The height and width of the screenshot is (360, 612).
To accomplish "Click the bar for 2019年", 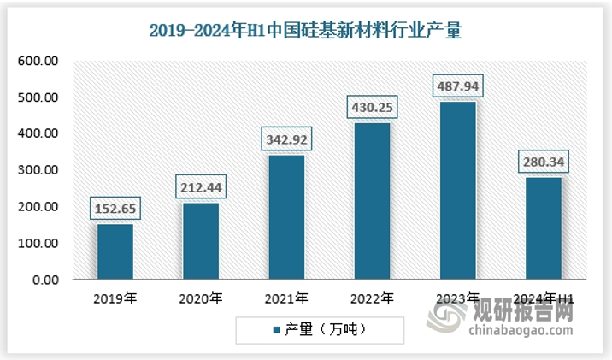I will coord(115,251).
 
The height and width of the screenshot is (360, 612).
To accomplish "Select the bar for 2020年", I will coord(201,240).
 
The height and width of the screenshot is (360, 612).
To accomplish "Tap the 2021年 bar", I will coord(286,216).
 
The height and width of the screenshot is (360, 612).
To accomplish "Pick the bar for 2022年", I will coord(372,201).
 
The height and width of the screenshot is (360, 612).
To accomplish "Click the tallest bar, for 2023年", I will coord(457,190).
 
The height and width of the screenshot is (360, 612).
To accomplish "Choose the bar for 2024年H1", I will coord(543,227).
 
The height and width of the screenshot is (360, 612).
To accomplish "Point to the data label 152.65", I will coord(115,208).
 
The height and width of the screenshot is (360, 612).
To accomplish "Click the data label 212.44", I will coord(201,186).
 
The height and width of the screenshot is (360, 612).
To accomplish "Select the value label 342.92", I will coord(286,139).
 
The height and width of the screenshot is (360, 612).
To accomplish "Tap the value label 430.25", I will coord(372,108).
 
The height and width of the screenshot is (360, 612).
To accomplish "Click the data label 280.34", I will coord(543,161).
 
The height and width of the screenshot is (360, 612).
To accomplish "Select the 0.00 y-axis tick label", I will coord(46,280).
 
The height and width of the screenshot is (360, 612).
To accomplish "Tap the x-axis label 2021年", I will coord(286,298).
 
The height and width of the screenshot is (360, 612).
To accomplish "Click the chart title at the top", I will coord(305,32).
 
